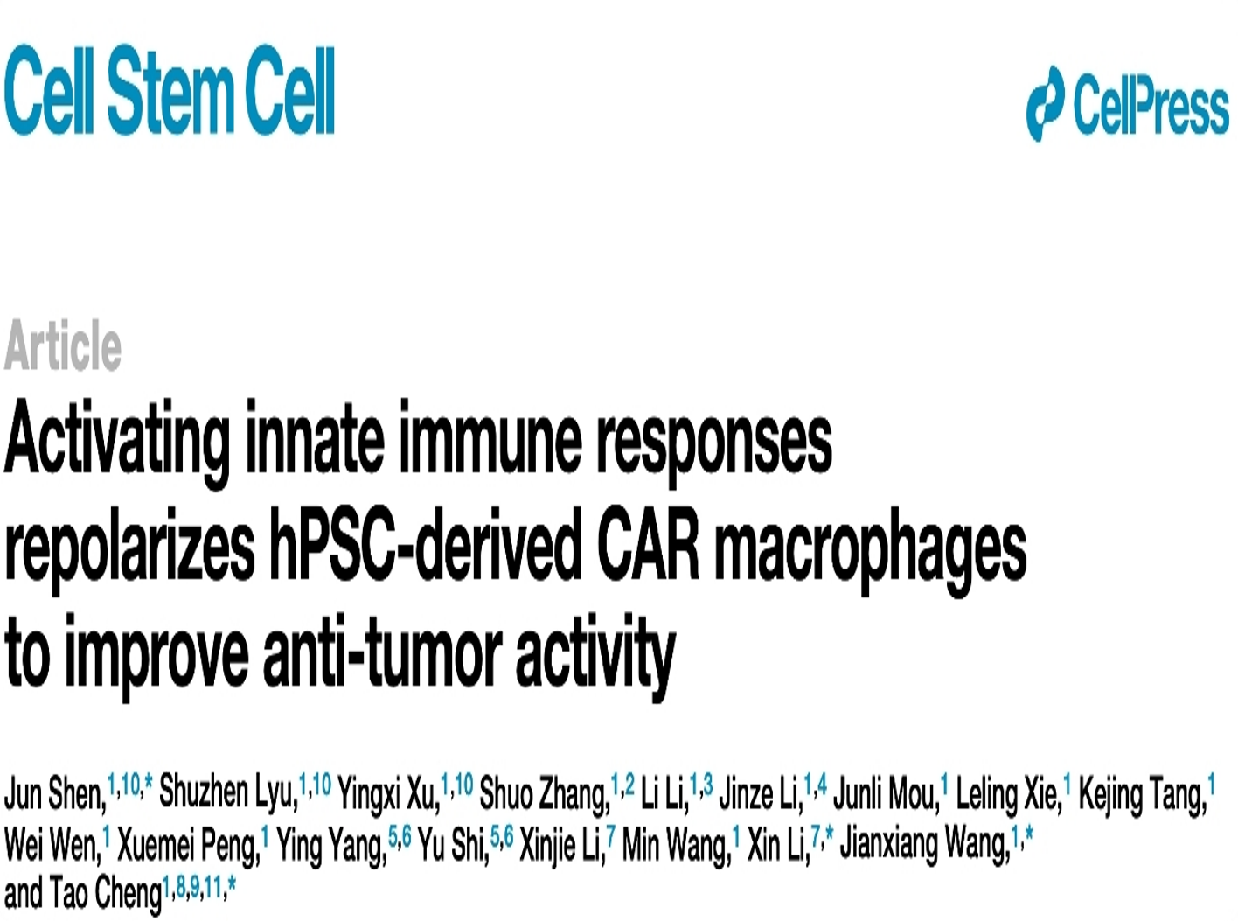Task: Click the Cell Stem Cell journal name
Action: [169, 90]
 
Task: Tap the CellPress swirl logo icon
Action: [1046, 102]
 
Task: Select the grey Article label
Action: [63, 345]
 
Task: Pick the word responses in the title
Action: [714, 447]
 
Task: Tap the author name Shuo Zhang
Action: [545, 795]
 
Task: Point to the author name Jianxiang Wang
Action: [924, 846]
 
